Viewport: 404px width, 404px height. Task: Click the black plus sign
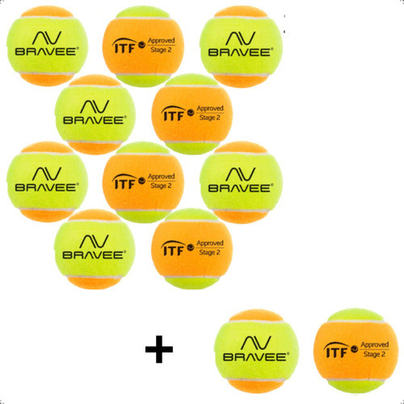(x=159, y=349)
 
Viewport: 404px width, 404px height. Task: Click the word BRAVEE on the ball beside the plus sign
(x=256, y=357)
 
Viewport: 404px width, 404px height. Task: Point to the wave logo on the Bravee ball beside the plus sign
(x=255, y=343)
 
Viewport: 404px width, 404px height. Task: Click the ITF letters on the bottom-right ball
(x=336, y=351)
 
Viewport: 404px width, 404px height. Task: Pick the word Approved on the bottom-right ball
(x=375, y=345)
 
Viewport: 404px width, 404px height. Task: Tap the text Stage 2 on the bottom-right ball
(x=374, y=354)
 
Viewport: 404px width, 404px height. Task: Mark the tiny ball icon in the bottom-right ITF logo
(x=354, y=349)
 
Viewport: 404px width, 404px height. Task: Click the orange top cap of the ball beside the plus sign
(x=256, y=315)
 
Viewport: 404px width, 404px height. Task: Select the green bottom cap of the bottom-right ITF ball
(x=356, y=386)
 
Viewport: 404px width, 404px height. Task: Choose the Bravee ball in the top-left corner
(x=47, y=46)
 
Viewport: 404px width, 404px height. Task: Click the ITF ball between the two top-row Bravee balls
(x=143, y=46)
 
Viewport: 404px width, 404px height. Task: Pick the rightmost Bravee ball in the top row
(x=241, y=46)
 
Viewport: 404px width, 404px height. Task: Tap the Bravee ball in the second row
(x=95, y=115)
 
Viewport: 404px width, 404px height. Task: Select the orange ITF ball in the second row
(x=191, y=114)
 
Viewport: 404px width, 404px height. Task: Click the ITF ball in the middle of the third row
(x=143, y=182)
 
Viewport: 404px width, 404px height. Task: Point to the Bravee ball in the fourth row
(x=95, y=249)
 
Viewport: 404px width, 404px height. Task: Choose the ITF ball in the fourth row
(x=191, y=249)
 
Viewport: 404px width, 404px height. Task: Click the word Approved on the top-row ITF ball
(x=162, y=40)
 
